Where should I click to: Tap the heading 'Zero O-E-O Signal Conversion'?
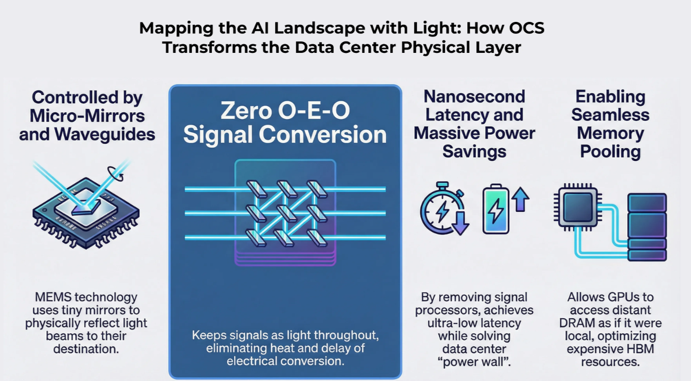click(285, 123)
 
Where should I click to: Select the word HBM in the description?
click(643, 349)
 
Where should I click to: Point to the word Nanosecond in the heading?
click(474, 97)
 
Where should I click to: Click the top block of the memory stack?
click(647, 202)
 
